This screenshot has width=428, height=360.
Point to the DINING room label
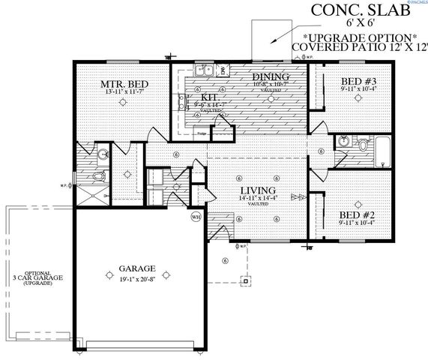pyautogui.click(x=266, y=76)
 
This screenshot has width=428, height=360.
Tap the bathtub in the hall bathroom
pyautogui.click(x=382, y=153)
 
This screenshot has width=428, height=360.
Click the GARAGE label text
pyautogui.click(x=136, y=268)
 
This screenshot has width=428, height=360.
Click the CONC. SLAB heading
pyautogui.click(x=344, y=11)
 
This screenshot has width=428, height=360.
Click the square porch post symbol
pyautogui.click(x=244, y=281)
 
